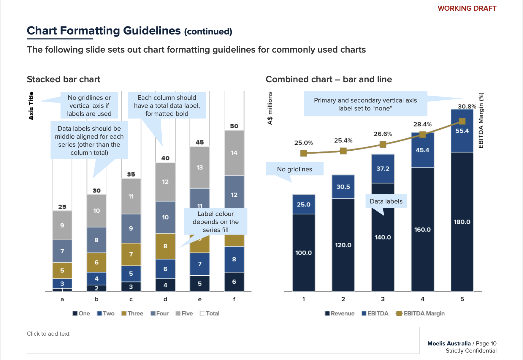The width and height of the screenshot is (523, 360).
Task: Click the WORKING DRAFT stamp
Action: (x=467, y=8)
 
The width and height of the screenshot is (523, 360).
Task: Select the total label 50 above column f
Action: (x=234, y=126)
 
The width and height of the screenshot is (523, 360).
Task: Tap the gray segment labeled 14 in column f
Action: (x=234, y=153)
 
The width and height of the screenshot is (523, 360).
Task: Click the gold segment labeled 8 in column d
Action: (x=165, y=246)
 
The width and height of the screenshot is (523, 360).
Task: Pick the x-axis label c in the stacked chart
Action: (x=131, y=299)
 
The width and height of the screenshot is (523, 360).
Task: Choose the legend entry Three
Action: (x=132, y=313)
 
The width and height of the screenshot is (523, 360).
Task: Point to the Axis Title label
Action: (x=31, y=106)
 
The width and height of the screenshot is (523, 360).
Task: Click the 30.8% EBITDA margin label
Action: (x=467, y=106)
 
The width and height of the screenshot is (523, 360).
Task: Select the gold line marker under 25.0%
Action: (x=303, y=153)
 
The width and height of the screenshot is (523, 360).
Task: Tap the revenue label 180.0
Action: (x=462, y=222)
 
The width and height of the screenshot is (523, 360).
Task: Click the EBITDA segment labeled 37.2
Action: (x=383, y=168)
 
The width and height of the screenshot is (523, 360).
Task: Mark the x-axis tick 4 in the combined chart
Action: (x=422, y=299)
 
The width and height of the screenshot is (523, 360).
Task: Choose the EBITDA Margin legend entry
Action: (x=421, y=313)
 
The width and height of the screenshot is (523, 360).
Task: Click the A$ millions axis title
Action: (x=270, y=108)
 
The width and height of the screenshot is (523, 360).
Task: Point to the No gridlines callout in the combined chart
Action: (x=294, y=169)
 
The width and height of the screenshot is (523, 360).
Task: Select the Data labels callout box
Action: (x=386, y=201)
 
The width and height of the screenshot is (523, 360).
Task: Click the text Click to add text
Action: (x=48, y=334)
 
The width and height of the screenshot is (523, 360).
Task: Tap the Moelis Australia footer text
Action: (x=449, y=343)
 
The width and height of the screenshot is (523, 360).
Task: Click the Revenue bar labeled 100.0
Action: (x=303, y=252)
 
